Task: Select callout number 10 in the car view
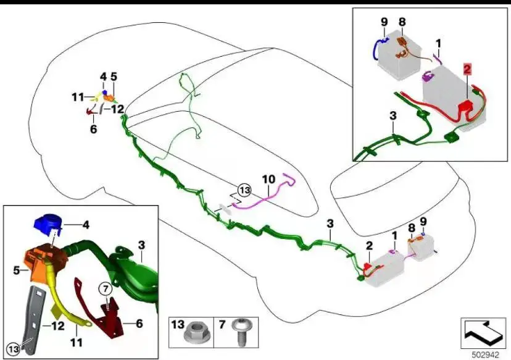point(268,179)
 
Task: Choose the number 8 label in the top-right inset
point(402,22)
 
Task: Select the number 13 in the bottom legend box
point(178,324)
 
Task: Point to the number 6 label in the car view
point(93,130)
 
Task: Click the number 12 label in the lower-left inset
point(58,324)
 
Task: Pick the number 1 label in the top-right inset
point(438,43)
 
